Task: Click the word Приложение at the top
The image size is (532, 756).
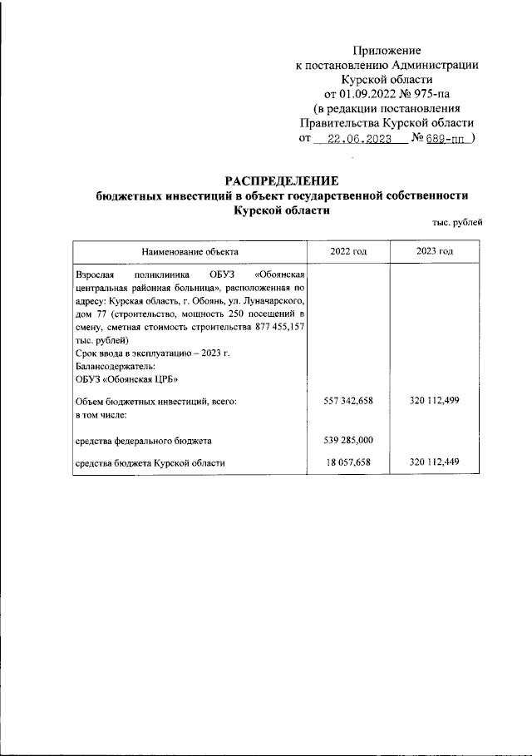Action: click(x=387, y=51)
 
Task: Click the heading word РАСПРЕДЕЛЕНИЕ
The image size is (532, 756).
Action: click(x=283, y=181)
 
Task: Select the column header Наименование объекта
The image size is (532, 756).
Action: click(x=189, y=251)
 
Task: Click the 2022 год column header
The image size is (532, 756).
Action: click(x=347, y=251)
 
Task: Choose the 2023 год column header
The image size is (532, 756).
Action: click(x=434, y=251)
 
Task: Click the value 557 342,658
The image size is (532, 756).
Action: click(x=347, y=401)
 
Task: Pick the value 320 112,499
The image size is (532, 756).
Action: click(x=434, y=401)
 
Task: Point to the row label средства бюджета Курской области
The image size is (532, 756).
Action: click(x=150, y=463)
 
